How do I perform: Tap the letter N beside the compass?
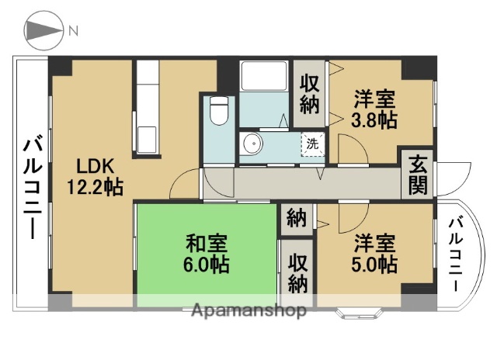(74, 32)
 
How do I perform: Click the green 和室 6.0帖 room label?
(205, 253)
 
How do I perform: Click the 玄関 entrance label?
(418, 175)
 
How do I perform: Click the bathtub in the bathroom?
(265, 78)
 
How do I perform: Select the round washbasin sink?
(251, 144)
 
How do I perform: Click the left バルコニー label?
(32, 187)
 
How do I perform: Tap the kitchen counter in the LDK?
(147, 109)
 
